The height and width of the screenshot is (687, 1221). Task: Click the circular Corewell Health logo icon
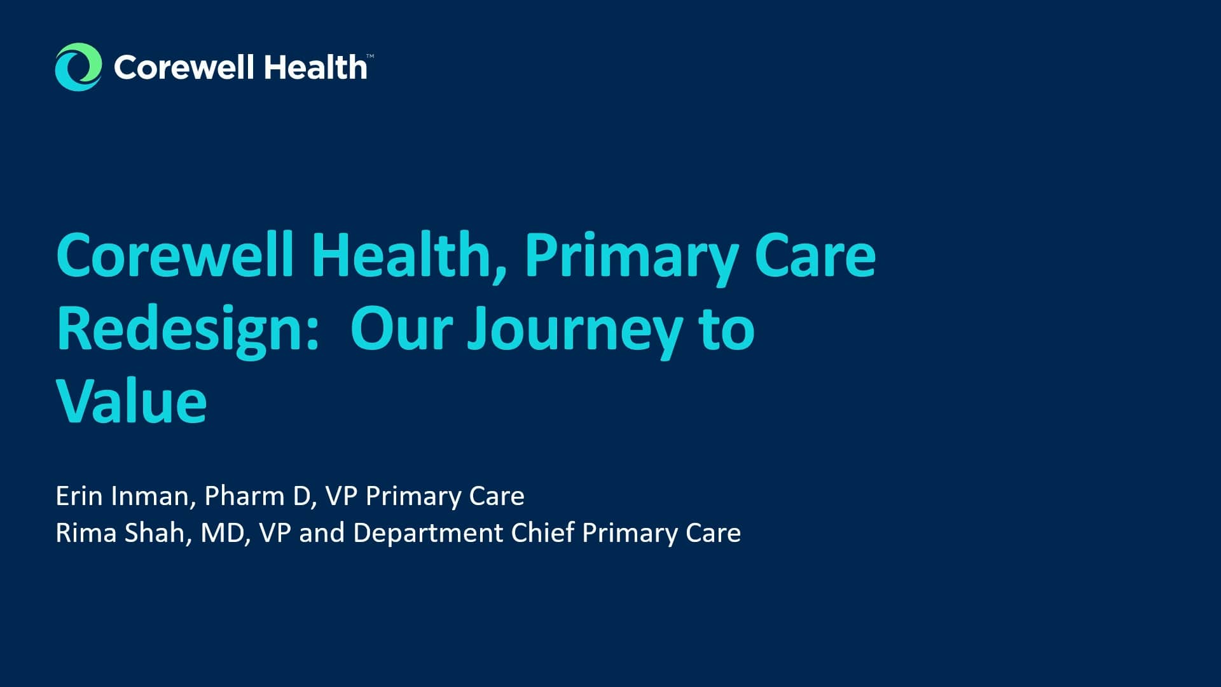point(78,67)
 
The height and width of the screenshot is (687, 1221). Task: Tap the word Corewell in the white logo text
point(184,67)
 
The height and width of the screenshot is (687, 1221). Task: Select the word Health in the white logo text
point(315,67)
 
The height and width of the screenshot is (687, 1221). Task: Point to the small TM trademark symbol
point(370,57)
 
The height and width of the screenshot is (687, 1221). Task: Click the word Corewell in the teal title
point(175,255)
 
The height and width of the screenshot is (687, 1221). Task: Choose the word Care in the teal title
point(815,255)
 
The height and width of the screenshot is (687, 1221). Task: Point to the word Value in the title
point(132,401)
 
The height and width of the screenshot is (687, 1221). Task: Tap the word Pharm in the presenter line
point(245,496)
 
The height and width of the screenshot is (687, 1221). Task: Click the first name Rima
point(86,533)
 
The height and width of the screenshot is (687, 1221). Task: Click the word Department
point(428,533)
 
